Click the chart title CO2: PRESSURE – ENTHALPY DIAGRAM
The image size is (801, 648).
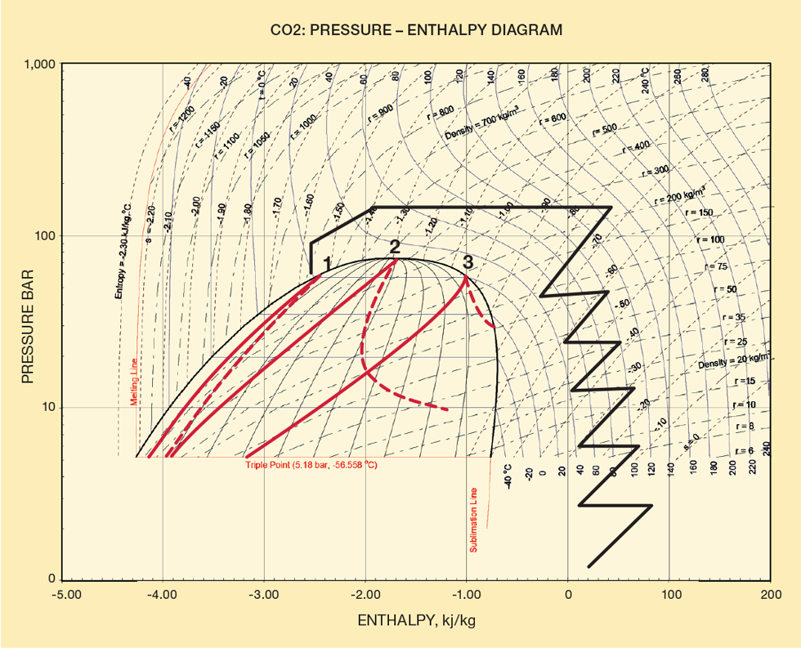(417, 30)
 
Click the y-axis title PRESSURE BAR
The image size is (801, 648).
(28, 321)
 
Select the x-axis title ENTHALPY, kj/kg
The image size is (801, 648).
(416, 621)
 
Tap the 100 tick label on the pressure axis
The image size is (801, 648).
(47, 236)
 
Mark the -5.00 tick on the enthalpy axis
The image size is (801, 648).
(66, 595)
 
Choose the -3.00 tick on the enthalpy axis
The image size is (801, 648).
(263, 595)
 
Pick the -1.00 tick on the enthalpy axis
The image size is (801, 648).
(466, 595)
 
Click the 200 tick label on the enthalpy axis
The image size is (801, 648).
(770, 595)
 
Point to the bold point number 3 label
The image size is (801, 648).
(468, 262)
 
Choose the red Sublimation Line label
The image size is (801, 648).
(473, 520)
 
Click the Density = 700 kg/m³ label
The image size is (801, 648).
(486, 121)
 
